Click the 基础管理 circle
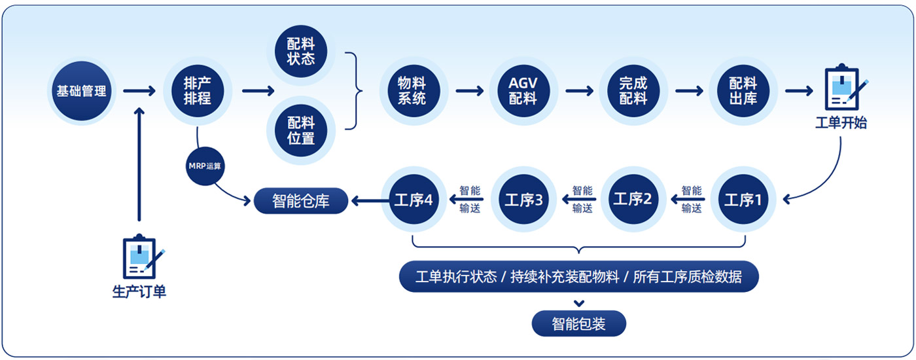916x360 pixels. pos(81,91)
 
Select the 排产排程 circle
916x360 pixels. pos(197,91)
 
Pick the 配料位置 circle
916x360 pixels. pos(301,130)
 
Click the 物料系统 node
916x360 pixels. pos(412,91)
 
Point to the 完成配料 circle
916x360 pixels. pos(633,91)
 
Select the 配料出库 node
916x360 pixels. pos(743,91)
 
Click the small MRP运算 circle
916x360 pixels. pos(205,166)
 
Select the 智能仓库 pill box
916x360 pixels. pos(302,201)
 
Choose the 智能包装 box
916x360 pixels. pos(579,324)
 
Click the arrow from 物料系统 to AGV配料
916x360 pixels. pos(470,91)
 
